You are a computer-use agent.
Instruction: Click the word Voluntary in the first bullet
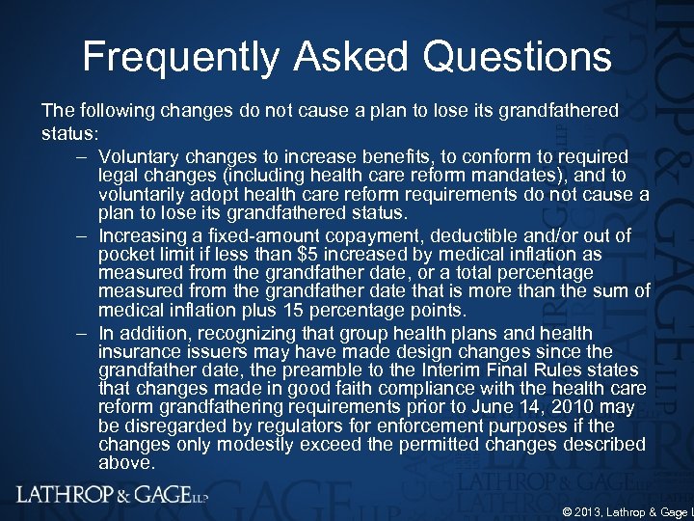[139, 156]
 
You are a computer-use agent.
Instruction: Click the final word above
[126, 462]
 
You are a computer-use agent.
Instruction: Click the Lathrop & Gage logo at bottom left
[111, 495]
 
